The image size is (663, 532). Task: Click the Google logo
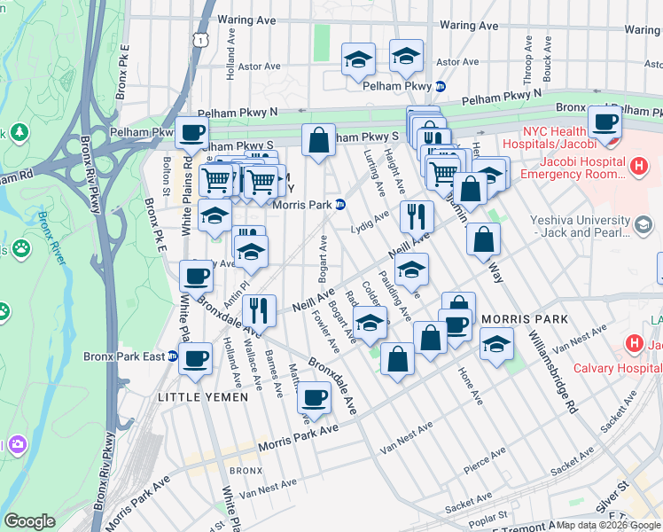[x=29, y=521]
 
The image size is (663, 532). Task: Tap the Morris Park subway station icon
[x=341, y=204]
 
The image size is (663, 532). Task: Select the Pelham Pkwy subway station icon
[x=440, y=86]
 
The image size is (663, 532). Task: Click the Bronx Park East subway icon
[x=174, y=356]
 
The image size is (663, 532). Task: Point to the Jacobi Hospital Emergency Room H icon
[x=636, y=165]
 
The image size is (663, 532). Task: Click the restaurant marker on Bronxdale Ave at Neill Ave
[x=259, y=310]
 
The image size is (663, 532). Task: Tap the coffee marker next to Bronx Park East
[x=196, y=358]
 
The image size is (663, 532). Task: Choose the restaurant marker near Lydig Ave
[x=417, y=215]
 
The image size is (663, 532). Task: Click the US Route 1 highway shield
[x=204, y=40]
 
